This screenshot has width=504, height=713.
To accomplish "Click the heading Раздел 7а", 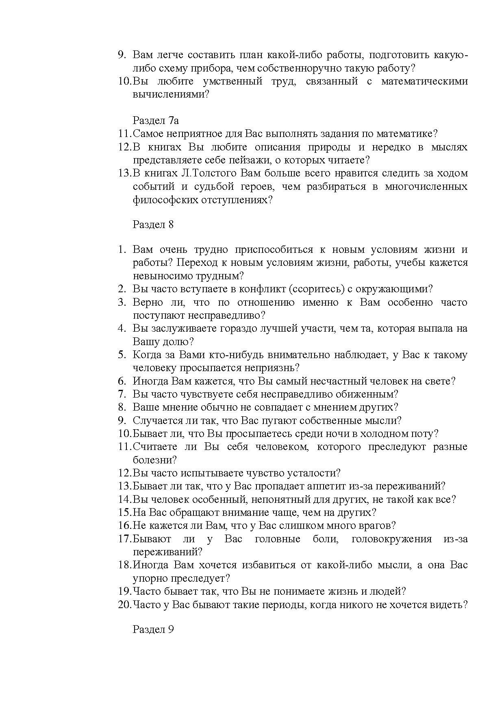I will click(x=156, y=121).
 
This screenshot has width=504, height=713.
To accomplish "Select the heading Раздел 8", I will click(x=153, y=224).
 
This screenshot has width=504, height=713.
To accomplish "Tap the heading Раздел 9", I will click(x=153, y=629).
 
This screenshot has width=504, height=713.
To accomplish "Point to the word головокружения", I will click(x=391, y=539).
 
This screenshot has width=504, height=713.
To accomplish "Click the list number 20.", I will click(x=124, y=604).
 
